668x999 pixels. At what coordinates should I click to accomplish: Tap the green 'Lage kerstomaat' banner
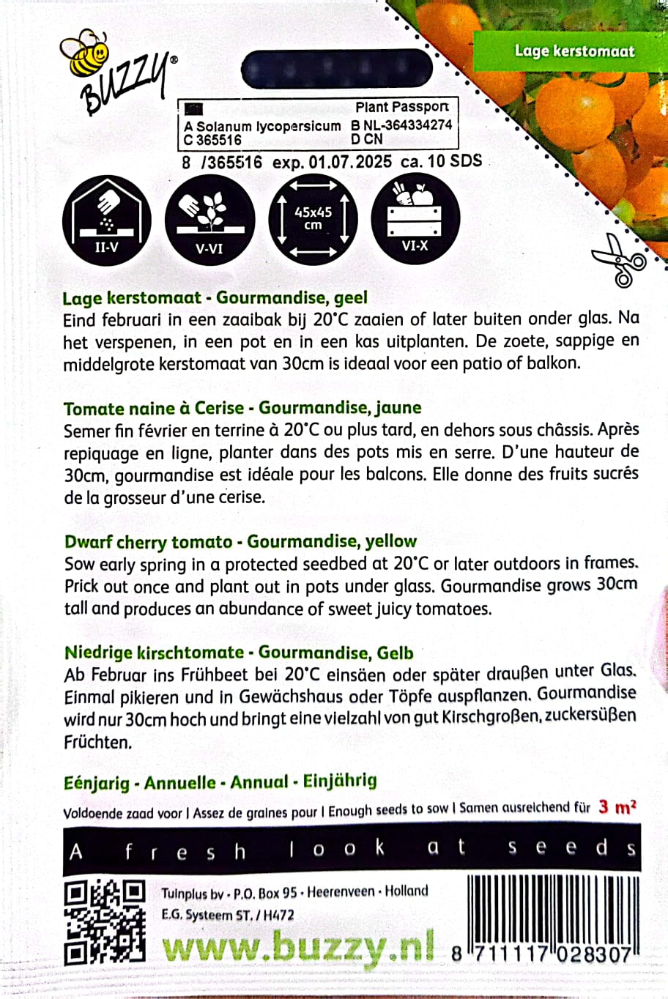(x=574, y=51)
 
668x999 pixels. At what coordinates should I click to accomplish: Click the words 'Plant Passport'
(x=401, y=107)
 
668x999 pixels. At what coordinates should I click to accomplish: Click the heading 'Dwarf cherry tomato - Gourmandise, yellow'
(x=240, y=542)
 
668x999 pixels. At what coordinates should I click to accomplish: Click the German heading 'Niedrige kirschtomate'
(x=154, y=653)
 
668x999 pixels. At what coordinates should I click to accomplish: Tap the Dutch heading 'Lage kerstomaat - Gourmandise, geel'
(x=215, y=298)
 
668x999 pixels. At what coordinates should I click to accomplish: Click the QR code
(x=104, y=922)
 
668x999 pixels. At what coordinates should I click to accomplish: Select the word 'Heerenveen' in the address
(x=341, y=892)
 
